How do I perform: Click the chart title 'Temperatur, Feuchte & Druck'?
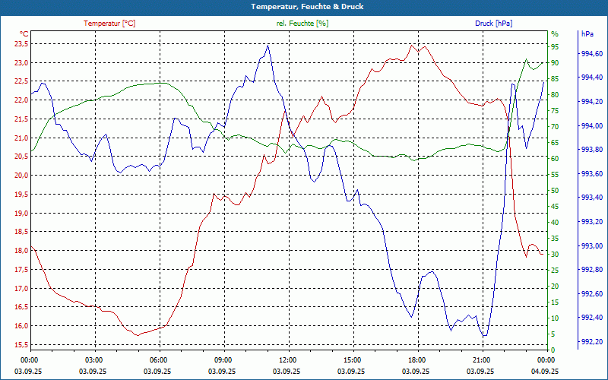pos(303,7)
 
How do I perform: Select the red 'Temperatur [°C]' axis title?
pos(109,24)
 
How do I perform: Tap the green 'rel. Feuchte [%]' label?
pos(302,24)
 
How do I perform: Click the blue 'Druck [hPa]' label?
pos(493,24)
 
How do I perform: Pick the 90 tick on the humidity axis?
pos(555,62)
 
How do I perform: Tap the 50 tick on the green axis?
pos(555,191)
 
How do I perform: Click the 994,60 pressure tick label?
pos(591,54)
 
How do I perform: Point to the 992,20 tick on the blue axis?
pos(591,341)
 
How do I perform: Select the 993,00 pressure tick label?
pos(591,245)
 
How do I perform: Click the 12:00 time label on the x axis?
pos(286,359)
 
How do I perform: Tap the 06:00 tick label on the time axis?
pos(157,359)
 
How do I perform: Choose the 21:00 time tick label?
pos(480,359)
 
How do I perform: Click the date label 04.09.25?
pos(543,371)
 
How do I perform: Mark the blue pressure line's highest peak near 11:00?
pos(268,45)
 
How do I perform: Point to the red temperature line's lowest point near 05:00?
pos(137,334)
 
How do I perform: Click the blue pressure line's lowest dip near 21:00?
pos(484,336)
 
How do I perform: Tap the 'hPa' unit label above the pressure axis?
pos(587,34)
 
